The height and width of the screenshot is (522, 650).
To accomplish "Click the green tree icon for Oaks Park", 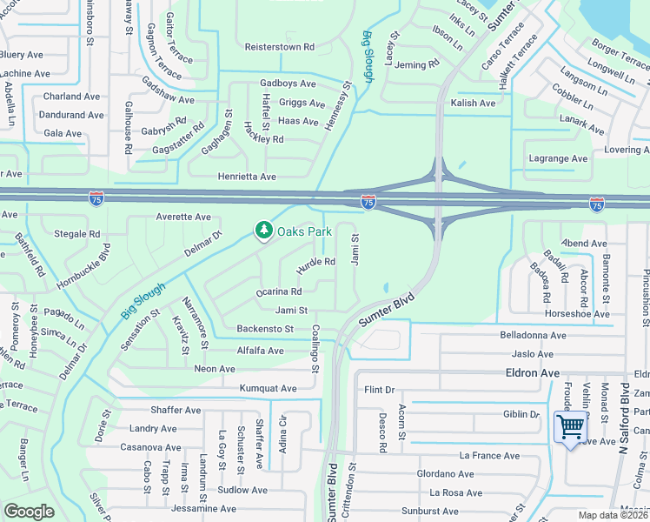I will pos(263,231).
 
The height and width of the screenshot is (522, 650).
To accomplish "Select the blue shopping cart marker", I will pos(570,427).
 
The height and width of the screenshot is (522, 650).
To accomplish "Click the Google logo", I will pos(30,512).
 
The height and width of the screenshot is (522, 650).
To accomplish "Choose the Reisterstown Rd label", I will pos(279,46).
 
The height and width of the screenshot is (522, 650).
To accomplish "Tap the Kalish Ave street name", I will pos(473,104).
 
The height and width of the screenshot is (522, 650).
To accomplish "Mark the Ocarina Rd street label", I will pos(278,292).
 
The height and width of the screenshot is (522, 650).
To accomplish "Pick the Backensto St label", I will pos(265,329).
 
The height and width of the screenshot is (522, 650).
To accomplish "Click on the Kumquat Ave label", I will pos(269,388).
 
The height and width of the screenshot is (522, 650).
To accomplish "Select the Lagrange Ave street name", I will pos(559,158).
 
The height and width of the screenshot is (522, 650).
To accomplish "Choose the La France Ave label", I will pos(490,455).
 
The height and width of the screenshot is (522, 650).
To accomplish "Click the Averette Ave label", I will pos(183,217).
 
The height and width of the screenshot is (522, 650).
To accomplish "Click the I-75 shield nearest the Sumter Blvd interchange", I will pos(368,202).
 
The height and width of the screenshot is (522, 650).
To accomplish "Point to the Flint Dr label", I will pos(380,390).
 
